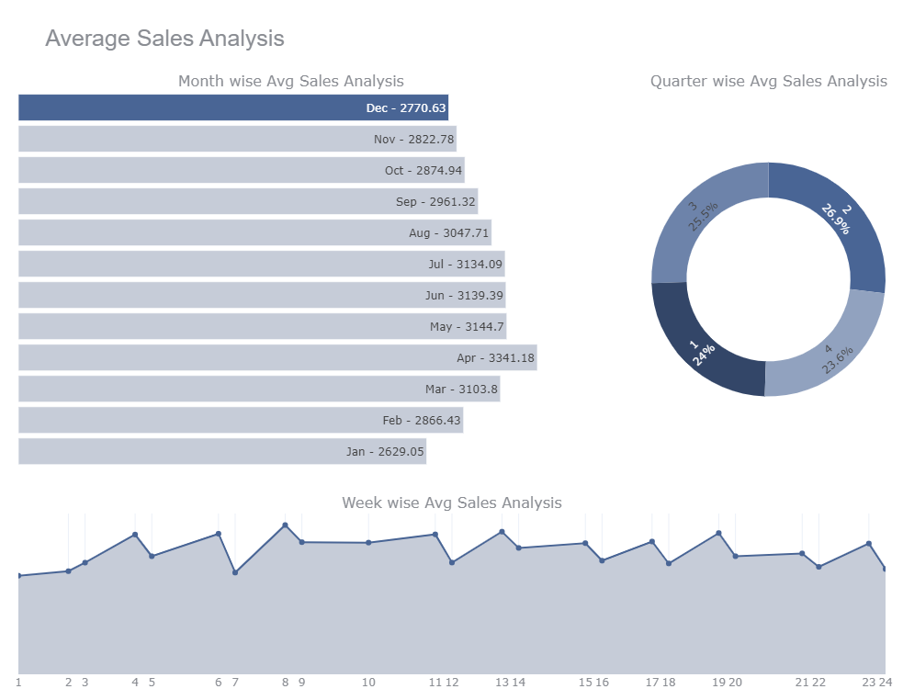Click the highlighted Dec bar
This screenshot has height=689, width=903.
click(233, 107)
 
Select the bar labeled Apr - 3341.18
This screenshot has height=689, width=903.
click(277, 357)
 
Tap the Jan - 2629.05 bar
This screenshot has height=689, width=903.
click(222, 451)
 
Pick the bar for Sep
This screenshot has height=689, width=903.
click(248, 201)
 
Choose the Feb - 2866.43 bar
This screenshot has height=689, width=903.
click(241, 420)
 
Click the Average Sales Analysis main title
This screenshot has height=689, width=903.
click(164, 39)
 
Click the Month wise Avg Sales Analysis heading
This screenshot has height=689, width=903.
click(290, 81)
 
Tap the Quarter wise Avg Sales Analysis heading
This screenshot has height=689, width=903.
click(768, 81)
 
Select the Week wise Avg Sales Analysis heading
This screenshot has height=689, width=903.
click(451, 503)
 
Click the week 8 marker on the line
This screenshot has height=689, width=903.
click(285, 525)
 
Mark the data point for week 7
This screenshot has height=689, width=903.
click(235, 572)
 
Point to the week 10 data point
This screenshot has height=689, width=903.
click(368, 543)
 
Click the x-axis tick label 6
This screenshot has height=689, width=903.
click(218, 682)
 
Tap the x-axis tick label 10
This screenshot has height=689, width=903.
click(368, 682)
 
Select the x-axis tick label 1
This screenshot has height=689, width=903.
click(18, 682)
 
